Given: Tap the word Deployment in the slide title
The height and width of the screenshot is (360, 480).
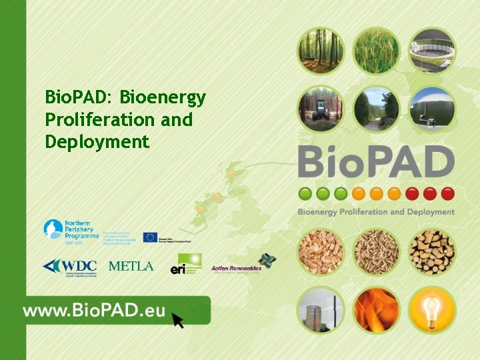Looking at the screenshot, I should [97, 141].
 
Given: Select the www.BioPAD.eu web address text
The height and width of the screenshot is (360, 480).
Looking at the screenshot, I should [93, 311].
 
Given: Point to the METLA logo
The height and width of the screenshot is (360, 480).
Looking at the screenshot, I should [131, 266].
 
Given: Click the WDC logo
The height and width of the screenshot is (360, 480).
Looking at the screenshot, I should [70, 266].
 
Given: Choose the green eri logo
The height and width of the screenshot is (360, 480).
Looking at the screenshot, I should [186, 264].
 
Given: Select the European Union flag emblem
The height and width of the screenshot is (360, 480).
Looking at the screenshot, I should [150, 237].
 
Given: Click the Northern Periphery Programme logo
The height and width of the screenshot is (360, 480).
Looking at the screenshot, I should [71, 232].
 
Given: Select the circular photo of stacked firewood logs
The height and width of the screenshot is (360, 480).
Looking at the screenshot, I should [432, 251].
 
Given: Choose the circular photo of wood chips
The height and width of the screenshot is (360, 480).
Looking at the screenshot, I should [320, 251].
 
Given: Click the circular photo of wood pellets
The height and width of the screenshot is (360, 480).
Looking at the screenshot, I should [376, 251].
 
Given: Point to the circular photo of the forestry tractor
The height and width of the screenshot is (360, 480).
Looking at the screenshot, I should [320, 109].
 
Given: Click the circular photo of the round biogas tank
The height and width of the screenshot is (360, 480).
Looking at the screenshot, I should [432, 50].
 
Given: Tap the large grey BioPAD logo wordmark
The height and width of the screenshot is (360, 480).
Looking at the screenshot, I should [376, 162].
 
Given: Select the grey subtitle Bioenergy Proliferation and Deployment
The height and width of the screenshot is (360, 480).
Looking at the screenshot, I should [376, 212].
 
